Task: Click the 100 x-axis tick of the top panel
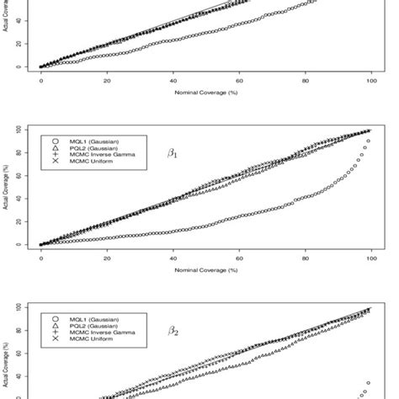(372, 76)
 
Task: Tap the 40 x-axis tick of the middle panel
(173, 255)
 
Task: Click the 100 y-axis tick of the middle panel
(28, 130)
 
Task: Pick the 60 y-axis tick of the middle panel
(28, 176)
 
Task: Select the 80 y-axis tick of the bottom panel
(28, 331)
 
